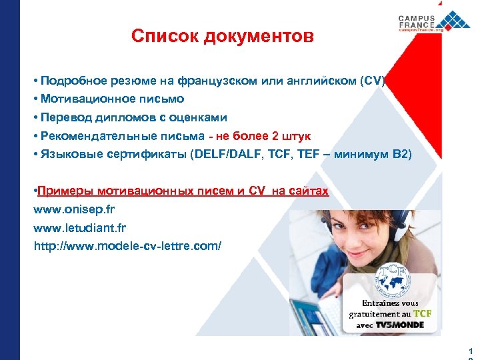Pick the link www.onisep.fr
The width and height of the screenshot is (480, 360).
coord(75,209)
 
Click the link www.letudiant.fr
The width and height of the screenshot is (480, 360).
coord(79,227)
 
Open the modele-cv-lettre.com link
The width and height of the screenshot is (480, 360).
coord(127,246)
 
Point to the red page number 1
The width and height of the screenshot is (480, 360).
coord(471,351)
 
